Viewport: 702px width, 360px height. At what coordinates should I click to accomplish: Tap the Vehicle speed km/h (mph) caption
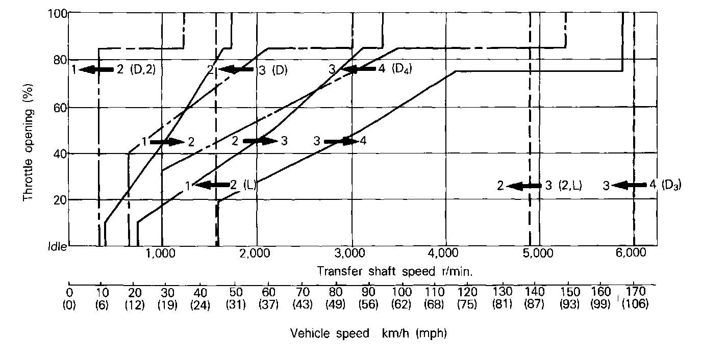368,333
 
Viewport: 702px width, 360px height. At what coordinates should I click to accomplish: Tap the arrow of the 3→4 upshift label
341,141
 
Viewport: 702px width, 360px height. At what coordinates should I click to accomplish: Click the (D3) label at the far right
671,185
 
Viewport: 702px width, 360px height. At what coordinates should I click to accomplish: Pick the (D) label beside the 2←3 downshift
280,70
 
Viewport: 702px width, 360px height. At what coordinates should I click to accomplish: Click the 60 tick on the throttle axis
60,107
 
